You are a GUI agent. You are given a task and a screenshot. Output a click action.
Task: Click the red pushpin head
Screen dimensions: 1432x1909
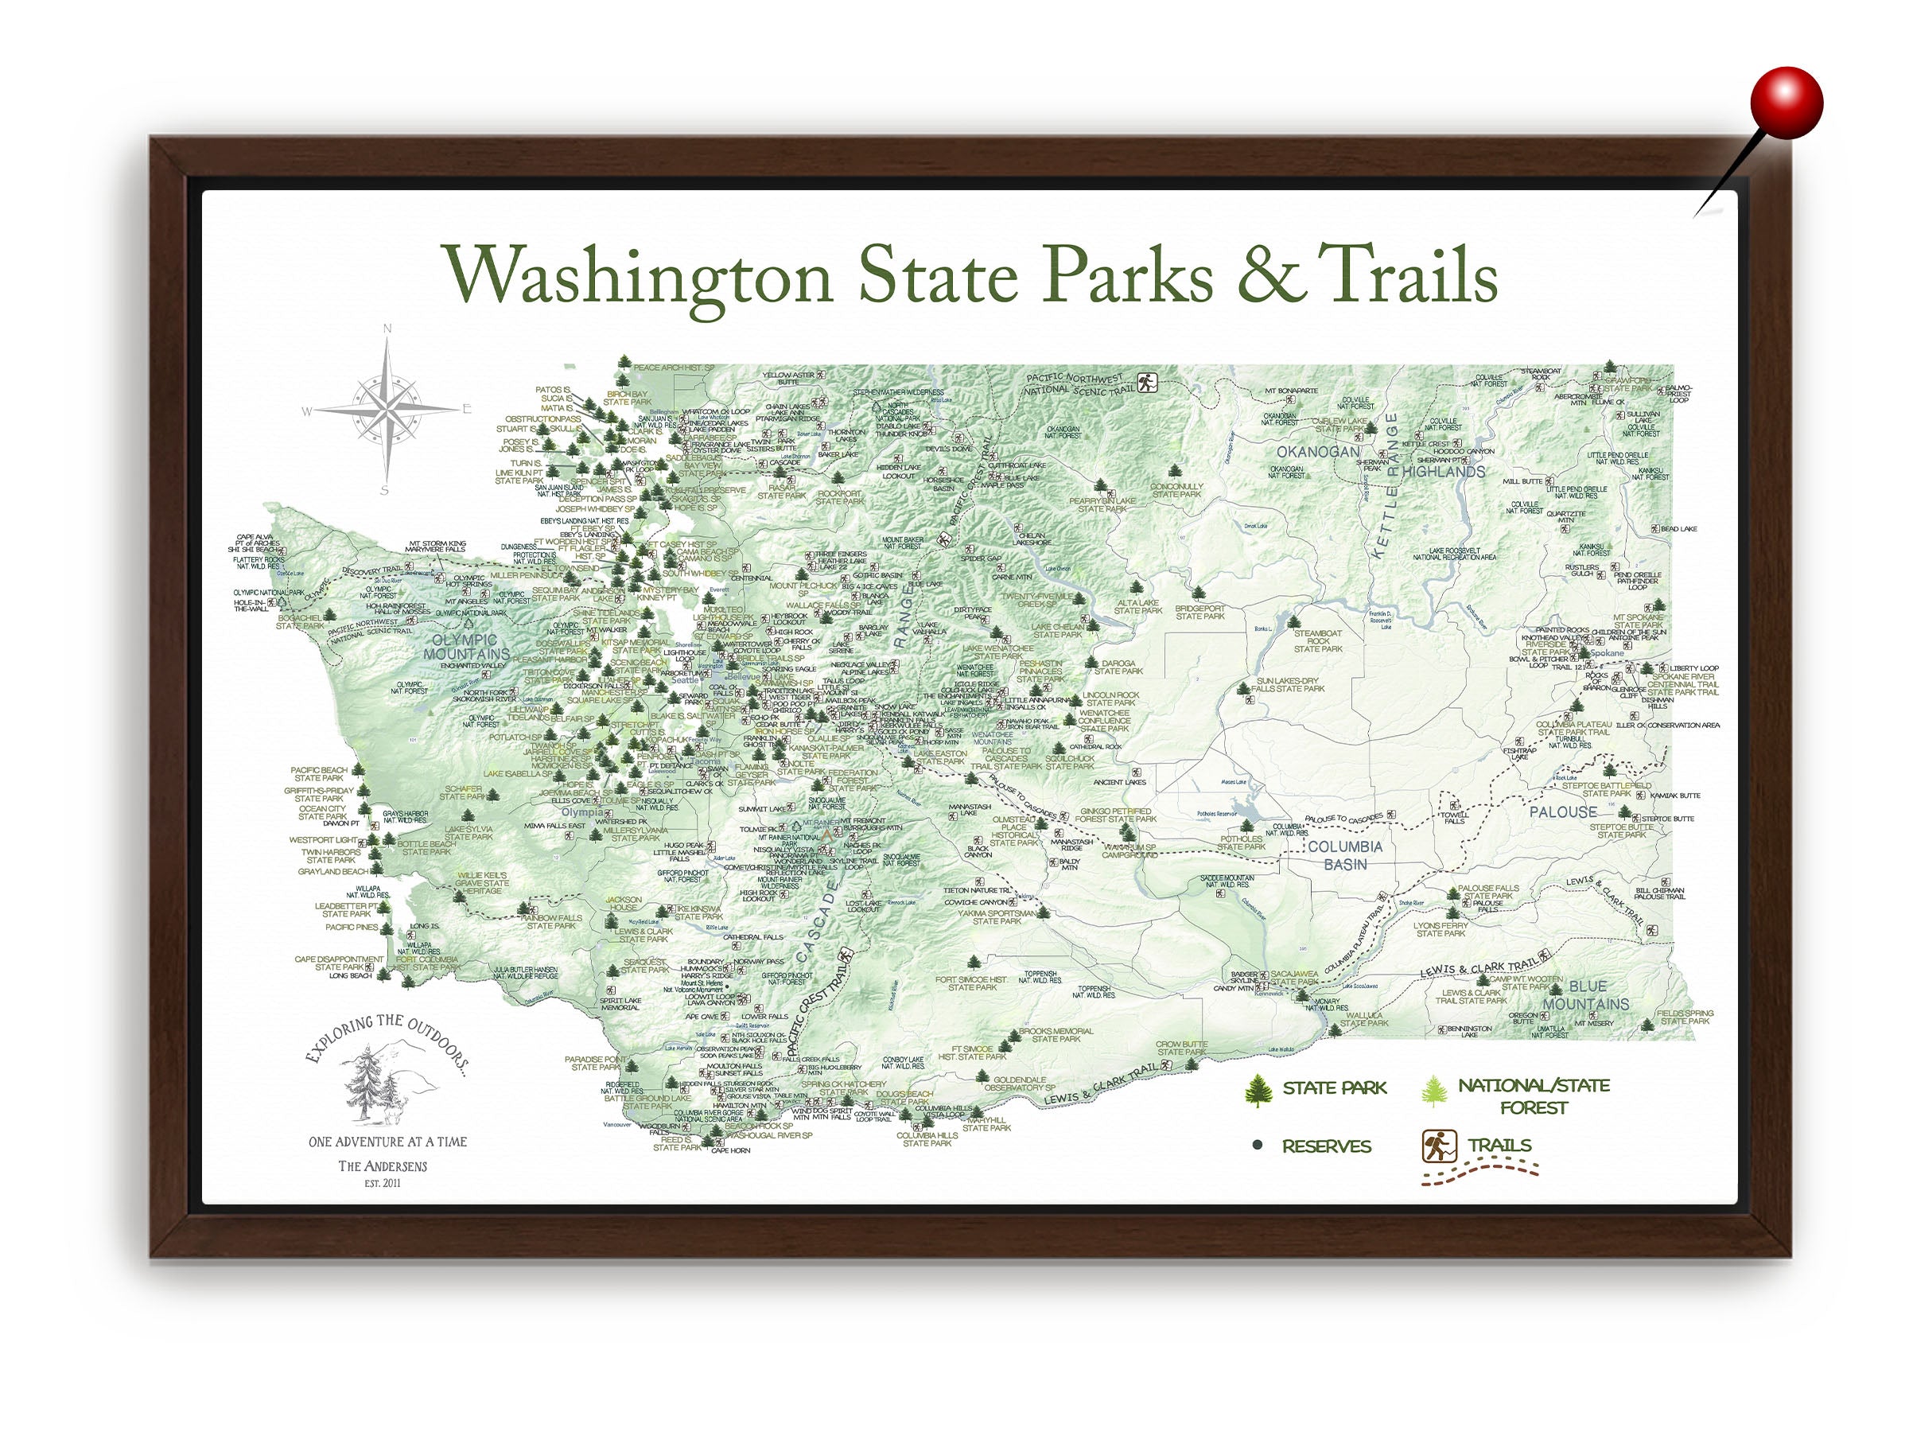1787,103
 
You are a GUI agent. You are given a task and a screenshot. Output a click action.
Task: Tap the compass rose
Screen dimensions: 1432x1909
387,409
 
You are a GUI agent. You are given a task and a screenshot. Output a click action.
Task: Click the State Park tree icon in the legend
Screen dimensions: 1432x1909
1258,1090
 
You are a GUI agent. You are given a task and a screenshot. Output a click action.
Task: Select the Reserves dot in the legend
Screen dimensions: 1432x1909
1258,1146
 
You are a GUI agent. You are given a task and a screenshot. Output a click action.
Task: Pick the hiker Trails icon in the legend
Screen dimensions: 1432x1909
1439,1146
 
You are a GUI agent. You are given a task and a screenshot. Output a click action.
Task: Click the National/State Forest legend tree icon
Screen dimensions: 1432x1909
1433,1090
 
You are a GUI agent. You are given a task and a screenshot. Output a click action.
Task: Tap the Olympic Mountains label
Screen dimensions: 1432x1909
466,647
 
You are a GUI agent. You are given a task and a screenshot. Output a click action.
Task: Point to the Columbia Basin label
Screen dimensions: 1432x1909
1344,854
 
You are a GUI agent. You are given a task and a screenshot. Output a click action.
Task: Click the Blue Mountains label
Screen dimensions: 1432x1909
1585,994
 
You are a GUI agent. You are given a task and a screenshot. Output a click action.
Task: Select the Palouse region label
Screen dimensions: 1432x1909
1563,811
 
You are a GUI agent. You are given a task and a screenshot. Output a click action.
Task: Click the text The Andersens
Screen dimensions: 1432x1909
383,1166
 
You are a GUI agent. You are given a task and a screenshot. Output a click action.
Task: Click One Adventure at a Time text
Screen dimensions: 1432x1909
387,1141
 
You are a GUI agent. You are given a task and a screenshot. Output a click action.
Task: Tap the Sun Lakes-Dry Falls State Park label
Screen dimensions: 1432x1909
1290,684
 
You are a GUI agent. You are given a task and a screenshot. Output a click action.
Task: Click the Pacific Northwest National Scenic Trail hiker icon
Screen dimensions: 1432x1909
1146,383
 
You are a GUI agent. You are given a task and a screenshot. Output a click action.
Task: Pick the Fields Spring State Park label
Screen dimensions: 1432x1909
1684,1017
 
